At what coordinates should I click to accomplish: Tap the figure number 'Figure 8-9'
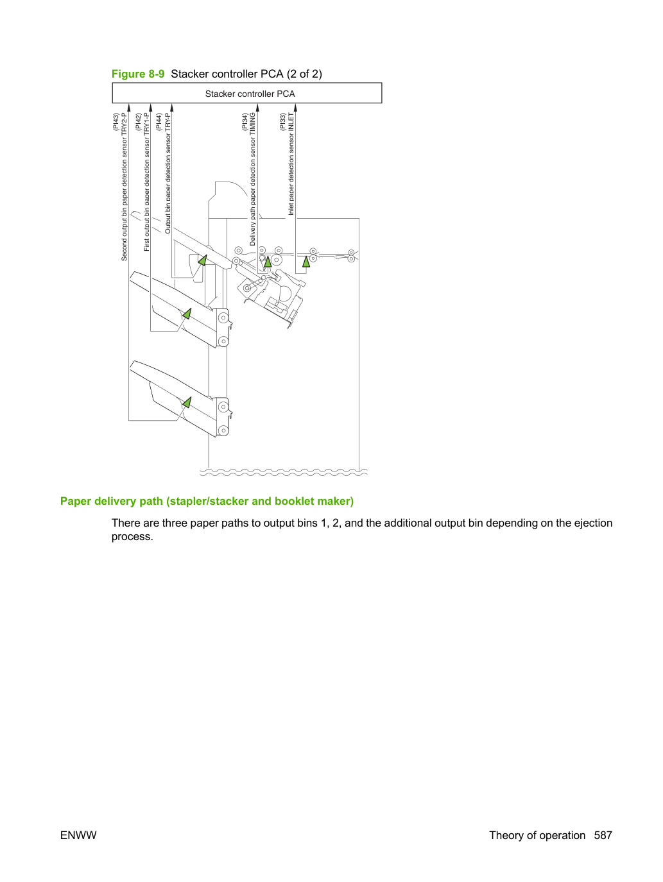[138, 74]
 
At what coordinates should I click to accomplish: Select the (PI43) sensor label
[116, 122]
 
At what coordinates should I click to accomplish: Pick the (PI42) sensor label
[138, 122]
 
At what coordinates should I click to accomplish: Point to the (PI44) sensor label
[159, 122]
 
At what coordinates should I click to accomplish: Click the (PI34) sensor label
[245, 122]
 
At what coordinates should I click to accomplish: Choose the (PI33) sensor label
[282, 122]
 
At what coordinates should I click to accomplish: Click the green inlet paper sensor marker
[306, 262]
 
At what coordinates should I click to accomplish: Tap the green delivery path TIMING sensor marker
[268, 262]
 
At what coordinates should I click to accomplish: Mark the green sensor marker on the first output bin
[187, 314]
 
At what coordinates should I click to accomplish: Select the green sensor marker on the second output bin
[187, 403]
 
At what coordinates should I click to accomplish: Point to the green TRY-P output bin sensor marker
[203, 260]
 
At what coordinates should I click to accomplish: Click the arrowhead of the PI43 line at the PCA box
[128, 107]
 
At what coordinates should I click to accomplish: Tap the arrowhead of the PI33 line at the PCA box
[295, 107]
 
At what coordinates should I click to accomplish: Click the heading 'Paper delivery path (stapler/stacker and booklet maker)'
[207, 501]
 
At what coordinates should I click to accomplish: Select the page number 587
[603, 835]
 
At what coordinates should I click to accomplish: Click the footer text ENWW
[78, 835]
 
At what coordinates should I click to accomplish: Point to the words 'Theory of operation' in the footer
[537, 835]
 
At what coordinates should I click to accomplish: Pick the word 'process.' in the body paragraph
[132, 537]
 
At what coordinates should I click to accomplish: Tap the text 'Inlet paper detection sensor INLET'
[291, 164]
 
